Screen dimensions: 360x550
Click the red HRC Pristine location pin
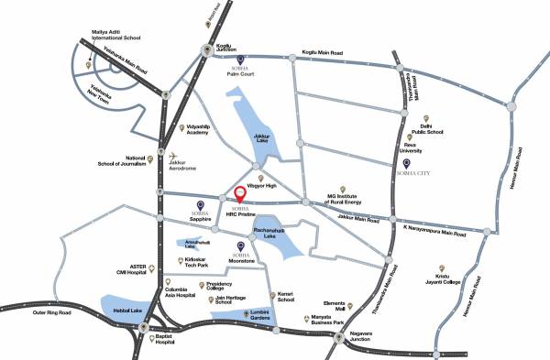pyautogui.click(x=241, y=194)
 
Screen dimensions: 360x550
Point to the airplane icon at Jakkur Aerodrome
pyautogui.click(x=171, y=156)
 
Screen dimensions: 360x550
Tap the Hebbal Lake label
pyautogui.click(x=127, y=311)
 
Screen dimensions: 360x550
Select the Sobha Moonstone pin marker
pyautogui.click(x=241, y=245)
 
